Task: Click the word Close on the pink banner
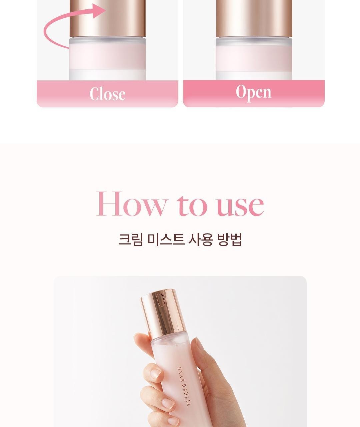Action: pyautogui.click(x=107, y=94)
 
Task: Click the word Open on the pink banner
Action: pyautogui.click(x=254, y=93)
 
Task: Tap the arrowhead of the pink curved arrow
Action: pyautogui.click(x=99, y=11)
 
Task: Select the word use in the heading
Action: pyautogui.click(x=240, y=205)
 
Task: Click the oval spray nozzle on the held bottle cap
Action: pyautogui.click(x=160, y=300)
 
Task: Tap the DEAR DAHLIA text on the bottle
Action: pyautogui.click(x=184, y=386)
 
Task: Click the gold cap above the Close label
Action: pyautogui.click(x=107, y=18)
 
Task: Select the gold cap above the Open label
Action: pyautogui.click(x=254, y=18)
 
